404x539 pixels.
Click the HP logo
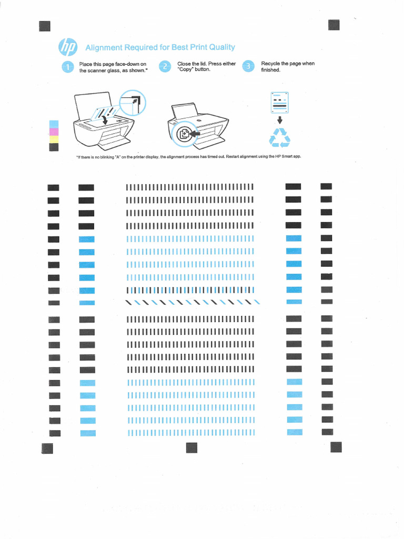(68, 47)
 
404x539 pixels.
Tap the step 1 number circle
(67, 67)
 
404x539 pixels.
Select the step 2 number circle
(165, 67)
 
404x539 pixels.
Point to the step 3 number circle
(248, 67)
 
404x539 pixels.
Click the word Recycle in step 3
(270, 64)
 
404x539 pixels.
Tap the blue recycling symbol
(279, 138)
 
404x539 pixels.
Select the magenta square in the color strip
(53, 132)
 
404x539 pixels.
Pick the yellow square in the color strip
(53, 139)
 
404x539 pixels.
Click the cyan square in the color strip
(53, 124)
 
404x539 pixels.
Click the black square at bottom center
(191, 447)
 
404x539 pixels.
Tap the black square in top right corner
(334, 25)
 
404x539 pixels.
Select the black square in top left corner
(45, 26)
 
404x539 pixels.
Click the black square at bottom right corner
(336, 447)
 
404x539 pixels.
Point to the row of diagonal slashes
(192, 302)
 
